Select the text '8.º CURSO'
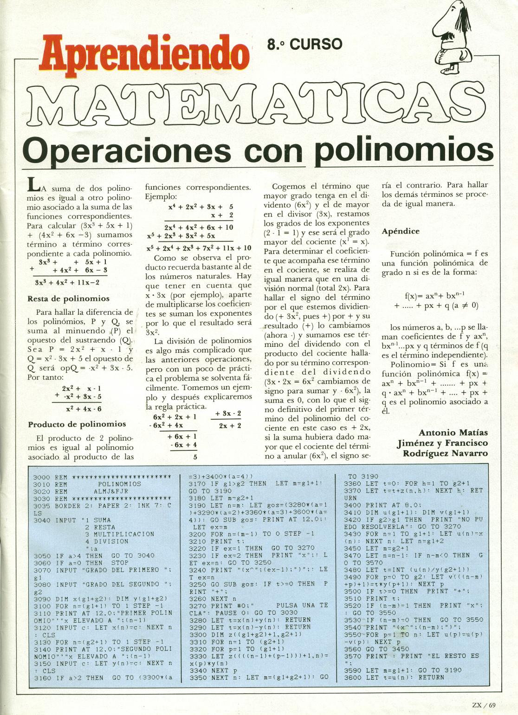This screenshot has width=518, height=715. coord(304,44)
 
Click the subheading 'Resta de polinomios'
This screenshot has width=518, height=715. coord(69,299)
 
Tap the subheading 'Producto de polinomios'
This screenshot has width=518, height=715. coord(77,424)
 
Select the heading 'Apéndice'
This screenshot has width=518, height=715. coord(401,231)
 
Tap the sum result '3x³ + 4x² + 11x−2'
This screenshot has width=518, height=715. coord(67,282)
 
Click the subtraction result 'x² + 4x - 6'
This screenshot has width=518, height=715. coord(84,409)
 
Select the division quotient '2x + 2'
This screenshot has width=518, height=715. coord(230,426)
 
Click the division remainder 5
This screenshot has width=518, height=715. coord(195,457)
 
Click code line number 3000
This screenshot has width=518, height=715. coord(42,477)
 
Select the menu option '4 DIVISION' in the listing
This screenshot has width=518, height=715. coord(106,541)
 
